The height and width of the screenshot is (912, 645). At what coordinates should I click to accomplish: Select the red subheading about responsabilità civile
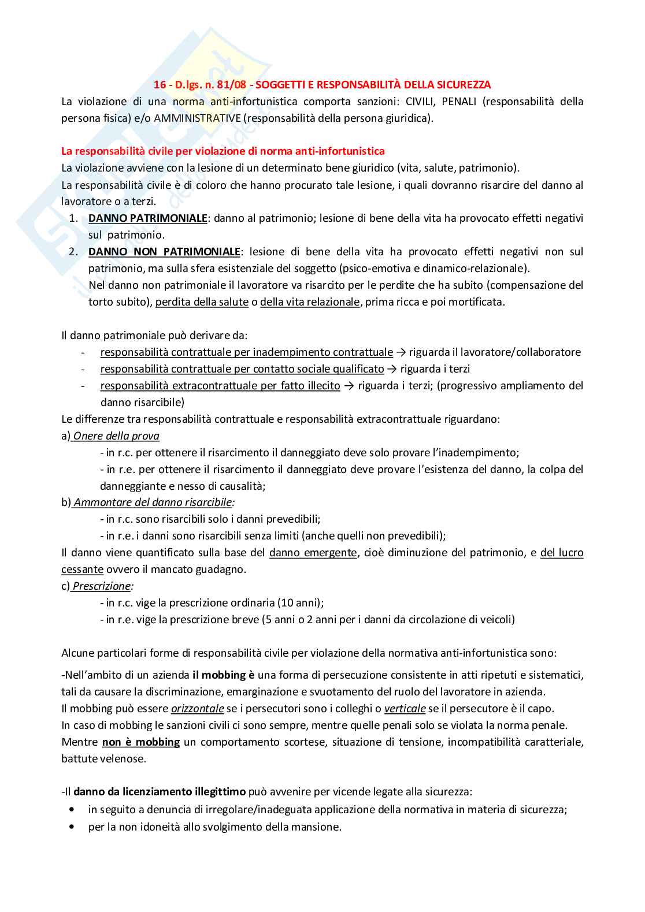(x=223, y=151)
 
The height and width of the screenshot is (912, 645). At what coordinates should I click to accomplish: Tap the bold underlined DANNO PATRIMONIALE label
(x=147, y=218)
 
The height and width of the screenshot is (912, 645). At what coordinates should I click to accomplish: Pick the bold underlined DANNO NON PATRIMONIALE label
(x=164, y=252)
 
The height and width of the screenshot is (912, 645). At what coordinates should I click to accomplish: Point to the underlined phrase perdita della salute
(x=202, y=302)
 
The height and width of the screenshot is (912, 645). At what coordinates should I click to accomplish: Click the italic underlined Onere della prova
(x=116, y=436)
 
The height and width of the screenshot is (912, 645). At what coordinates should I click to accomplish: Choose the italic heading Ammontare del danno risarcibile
(x=153, y=502)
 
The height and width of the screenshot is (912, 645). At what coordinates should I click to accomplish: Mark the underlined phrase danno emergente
(x=313, y=553)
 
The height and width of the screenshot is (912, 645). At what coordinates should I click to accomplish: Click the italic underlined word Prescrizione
(x=102, y=586)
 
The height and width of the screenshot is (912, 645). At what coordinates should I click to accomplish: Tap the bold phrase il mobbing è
(x=223, y=675)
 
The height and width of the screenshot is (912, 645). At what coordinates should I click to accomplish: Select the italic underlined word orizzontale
(x=197, y=709)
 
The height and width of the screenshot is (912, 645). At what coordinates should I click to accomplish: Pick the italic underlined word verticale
(x=405, y=709)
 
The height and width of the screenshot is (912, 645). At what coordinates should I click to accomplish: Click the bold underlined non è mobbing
(x=140, y=742)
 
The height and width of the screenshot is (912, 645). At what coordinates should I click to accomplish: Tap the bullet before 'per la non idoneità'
(x=72, y=827)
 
